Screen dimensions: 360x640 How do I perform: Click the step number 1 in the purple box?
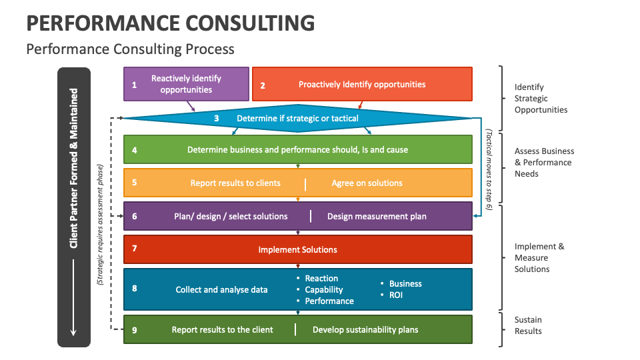[134, 85]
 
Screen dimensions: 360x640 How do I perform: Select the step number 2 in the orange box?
[263, 85]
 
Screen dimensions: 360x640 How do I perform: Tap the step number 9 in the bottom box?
[134, 330]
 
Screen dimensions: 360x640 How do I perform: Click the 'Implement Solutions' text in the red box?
[297, 250]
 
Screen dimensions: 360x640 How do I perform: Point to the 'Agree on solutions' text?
[367, 183]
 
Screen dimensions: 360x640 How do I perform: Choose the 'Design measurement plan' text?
[377, 217]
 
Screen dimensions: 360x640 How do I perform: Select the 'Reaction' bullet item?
[321, 279]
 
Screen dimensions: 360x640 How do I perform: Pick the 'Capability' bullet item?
[323, 290]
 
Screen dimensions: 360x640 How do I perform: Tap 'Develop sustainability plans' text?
[365, 330]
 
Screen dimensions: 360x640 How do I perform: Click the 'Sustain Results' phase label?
[528, 326]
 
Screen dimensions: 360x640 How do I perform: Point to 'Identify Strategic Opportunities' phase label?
[541, 99]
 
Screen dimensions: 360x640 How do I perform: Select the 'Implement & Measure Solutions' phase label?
[539, 258]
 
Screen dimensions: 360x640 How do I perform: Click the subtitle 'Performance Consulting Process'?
[130, 49]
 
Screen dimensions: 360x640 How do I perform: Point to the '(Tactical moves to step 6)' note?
[489, 170]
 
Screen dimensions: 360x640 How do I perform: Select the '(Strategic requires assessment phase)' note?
[100, 225]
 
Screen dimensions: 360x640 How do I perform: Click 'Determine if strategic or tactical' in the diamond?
[297, 119]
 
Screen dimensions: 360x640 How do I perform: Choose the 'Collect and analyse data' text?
[221, 290]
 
